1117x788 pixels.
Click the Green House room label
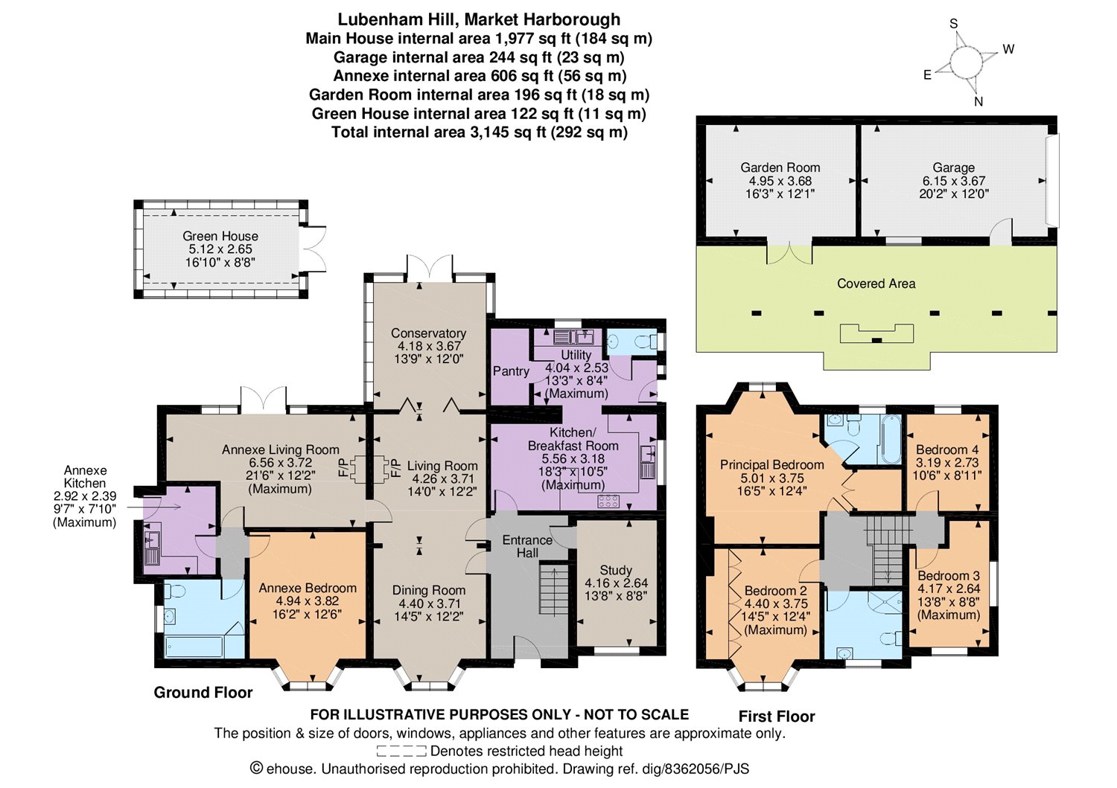pos(220,236)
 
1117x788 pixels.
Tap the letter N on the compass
pos(978,102)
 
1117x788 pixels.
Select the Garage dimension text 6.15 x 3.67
pos(953,180)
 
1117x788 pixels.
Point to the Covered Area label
pos(876,284)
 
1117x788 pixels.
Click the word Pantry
pos(511,371)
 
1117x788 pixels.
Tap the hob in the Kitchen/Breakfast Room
pos(608,501)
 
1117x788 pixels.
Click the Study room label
pos(616,570)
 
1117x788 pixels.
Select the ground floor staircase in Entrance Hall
pos(554,589)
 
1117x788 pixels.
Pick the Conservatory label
pos(428,333)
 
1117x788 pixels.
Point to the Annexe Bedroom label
pos(308,588)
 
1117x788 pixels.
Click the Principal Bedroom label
pos(772,464)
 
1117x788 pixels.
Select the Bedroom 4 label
pos(947,449)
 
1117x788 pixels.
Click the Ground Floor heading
pos(203,692)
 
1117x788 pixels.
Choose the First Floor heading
pos(777,717)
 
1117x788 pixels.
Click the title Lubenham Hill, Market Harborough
pos(479,19)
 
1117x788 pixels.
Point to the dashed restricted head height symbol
pos(401,751)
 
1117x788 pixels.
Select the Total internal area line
pos(480,132)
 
